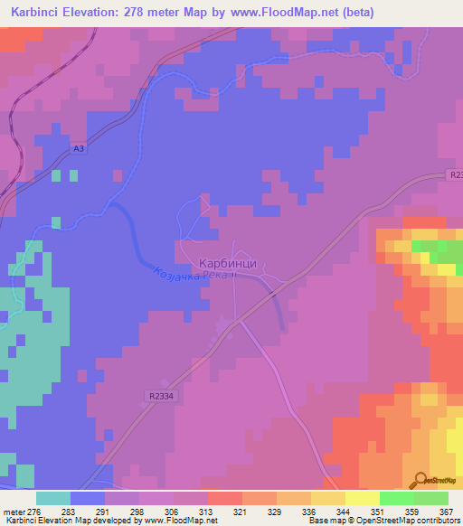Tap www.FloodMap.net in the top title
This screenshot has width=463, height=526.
tap(278, 13)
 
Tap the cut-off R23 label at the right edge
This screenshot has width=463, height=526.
tap(454, 179)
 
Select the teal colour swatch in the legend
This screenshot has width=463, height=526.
tap(52, 498)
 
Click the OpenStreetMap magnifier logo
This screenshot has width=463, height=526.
tap(420, 479)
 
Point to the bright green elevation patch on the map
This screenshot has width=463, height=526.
tap(430, 246)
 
